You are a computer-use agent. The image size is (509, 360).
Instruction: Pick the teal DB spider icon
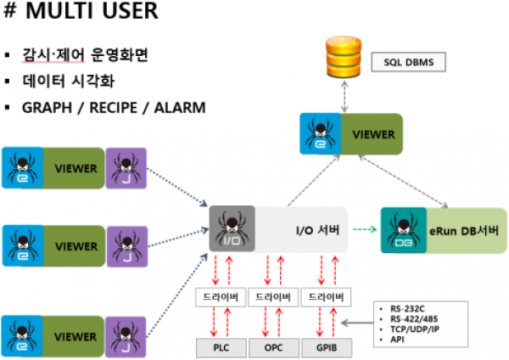click(401, 228)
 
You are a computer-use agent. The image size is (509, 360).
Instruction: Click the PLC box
click(221, 347)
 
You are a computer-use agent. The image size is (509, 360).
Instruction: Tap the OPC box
click(272, 347)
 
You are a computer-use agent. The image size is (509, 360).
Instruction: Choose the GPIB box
click(324, 347)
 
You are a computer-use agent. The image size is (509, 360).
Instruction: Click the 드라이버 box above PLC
click(221, 297)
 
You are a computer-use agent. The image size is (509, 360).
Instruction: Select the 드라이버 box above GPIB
click(325, 297)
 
